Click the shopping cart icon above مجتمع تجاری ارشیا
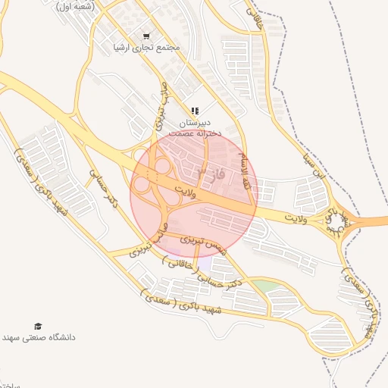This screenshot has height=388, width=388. [146, 36]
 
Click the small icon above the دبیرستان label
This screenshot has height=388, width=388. [195, 111]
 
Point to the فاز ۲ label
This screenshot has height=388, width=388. [211, 175]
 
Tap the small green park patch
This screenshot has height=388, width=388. [263, 286]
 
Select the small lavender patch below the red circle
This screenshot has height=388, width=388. [203, 264]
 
